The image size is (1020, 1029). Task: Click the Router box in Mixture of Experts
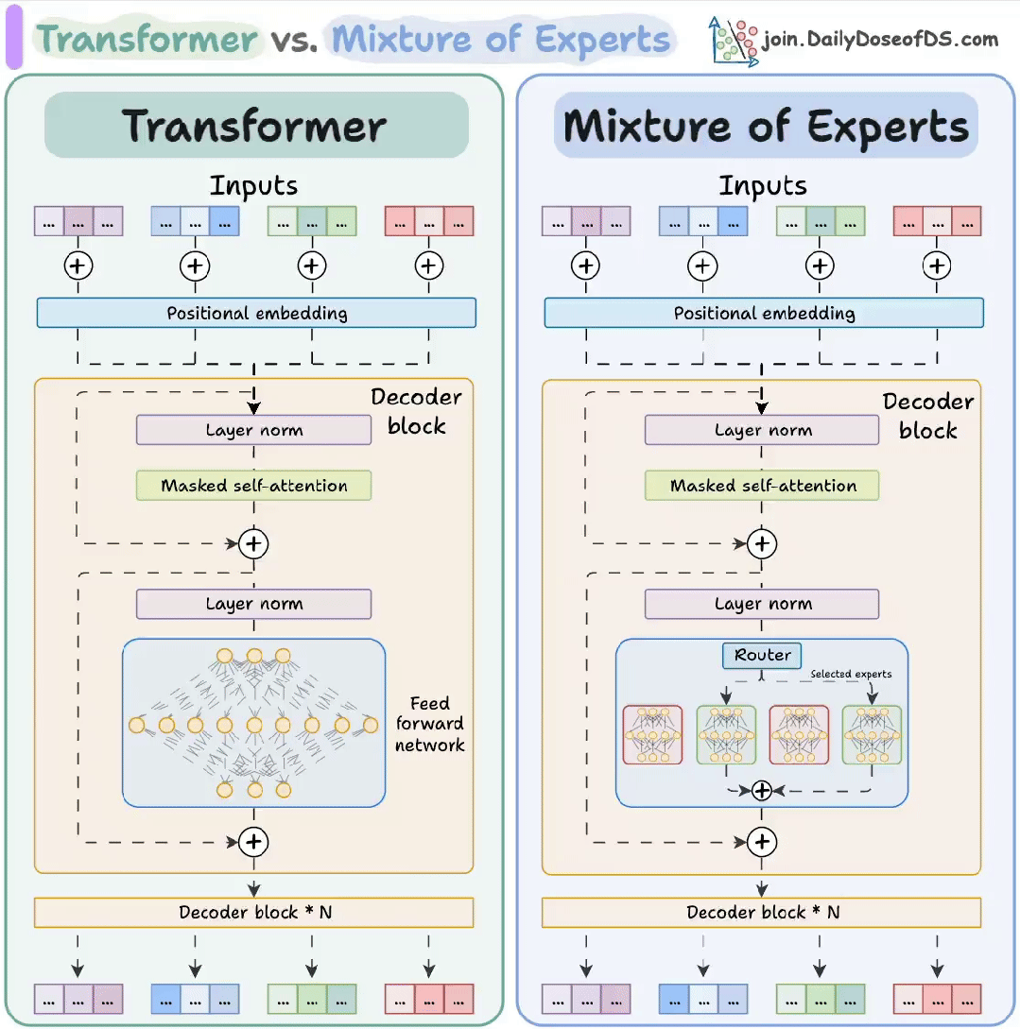pyautogui.click(x=762, y=655)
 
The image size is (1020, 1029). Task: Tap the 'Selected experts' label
pyautogui.click(x=851, y=674)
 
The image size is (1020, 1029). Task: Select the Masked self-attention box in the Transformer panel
pyautogui.click(x=253, y=486)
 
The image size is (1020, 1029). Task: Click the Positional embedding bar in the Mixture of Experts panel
pyautogui.click(x=764, y=313)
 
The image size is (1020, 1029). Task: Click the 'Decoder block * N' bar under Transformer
pyautogui.click(x=253, y=912)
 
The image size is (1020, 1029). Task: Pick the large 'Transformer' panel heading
pyautogui.click(x=255, y=126)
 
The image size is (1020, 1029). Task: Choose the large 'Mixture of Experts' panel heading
pyautogui.click(x=766, y=126)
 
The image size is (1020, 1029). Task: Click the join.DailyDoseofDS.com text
pyautogui.click(x=880, y=39)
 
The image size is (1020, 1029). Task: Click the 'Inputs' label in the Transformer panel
pyautogui.click(x=253, y=185)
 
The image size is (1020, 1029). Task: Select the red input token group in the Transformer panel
pyautogui.click(x=429, y=221)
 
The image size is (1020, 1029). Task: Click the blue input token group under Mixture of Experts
pyautogui.click(x=702, y=221)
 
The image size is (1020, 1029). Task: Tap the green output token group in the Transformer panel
pyautogui.click(x=312, y=998)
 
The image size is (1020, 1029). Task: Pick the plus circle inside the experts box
pyautogui.click(x=762, y=791)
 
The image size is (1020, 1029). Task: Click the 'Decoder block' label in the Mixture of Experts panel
pyautogui.click(x=927, y=415)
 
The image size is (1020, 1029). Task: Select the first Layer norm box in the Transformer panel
pyautogui.click(x=253, y=430)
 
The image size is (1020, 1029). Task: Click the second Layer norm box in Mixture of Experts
pyautogui.click(x=762, y=604)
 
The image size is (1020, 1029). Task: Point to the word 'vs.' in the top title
pyautogui.click(x=293, y=40)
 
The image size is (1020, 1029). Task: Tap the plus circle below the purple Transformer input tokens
pyautogui.click(x=78, y=266)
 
